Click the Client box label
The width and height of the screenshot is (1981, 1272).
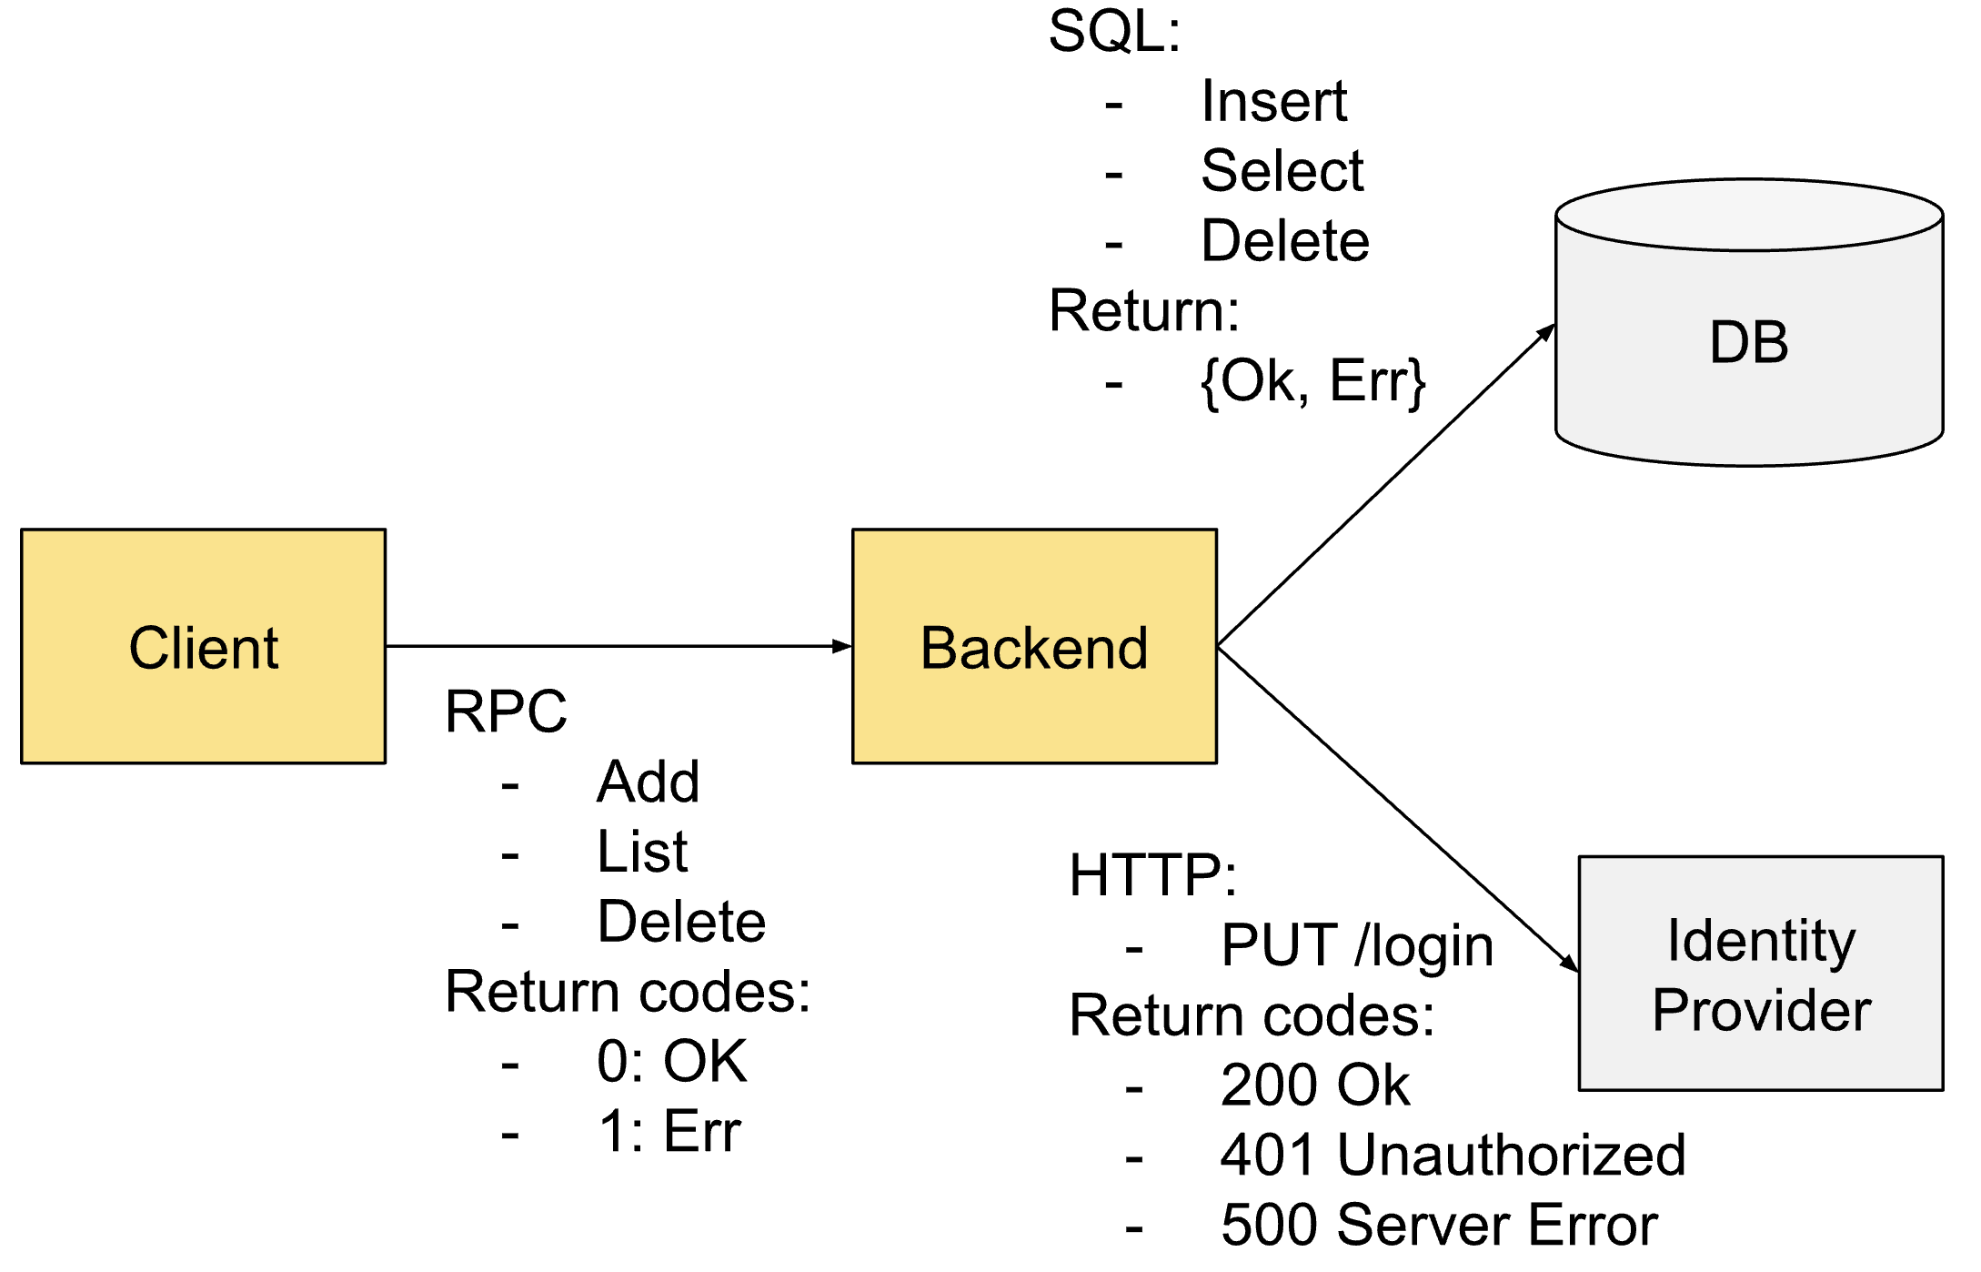(203, 648)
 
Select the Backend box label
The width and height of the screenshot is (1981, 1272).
(1034, 648)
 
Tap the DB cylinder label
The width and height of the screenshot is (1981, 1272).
(1748, 343)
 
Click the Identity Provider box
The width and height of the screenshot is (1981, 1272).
(1761, 974)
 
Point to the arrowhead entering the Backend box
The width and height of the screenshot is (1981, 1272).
(843, 646)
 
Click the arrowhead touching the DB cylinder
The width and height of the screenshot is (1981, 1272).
(1546, 332)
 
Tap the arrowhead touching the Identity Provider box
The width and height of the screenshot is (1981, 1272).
(1570, 964)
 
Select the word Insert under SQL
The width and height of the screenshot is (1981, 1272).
(1273, 100)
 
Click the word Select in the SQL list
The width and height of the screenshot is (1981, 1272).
(1282, 170)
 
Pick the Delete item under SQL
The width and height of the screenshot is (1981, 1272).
(1285, 240)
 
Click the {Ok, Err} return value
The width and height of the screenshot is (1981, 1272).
(1312, 381)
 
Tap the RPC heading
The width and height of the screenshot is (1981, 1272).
(506, 711)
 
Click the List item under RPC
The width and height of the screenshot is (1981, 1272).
(642, 852)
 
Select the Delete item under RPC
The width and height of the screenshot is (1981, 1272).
(681, 921)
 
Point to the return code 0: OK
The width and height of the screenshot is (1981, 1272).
(671, 1061)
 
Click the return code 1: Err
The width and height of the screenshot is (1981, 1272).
(669, 1131)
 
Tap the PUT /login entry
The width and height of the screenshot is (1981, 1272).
(1357, 945)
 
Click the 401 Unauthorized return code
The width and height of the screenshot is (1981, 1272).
(1453, 1155)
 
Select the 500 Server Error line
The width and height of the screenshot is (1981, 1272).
(1439, 1225)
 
